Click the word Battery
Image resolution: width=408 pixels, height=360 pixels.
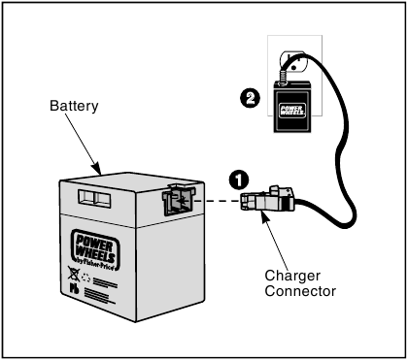74,106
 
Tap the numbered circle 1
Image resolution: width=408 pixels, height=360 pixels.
239,180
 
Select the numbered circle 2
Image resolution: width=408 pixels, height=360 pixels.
250,98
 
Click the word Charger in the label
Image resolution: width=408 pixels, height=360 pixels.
292,276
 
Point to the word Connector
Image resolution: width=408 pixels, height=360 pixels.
300,291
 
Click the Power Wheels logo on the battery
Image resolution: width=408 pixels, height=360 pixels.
95,249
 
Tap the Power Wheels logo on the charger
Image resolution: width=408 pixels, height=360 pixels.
291,111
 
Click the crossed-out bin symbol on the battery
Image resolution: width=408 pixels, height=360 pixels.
74,274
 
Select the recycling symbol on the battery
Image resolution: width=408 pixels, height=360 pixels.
86,278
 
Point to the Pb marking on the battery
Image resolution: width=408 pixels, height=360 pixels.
74,288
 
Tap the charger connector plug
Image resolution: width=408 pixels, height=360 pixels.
267,198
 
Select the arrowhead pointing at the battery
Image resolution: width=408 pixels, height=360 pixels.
97,169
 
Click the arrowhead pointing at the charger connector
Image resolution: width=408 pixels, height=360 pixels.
265,216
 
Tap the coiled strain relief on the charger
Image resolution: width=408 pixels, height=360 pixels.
283,78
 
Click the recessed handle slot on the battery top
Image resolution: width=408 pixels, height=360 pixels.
94,198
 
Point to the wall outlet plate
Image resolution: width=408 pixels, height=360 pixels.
294,75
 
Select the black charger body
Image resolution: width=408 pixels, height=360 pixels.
292,107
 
